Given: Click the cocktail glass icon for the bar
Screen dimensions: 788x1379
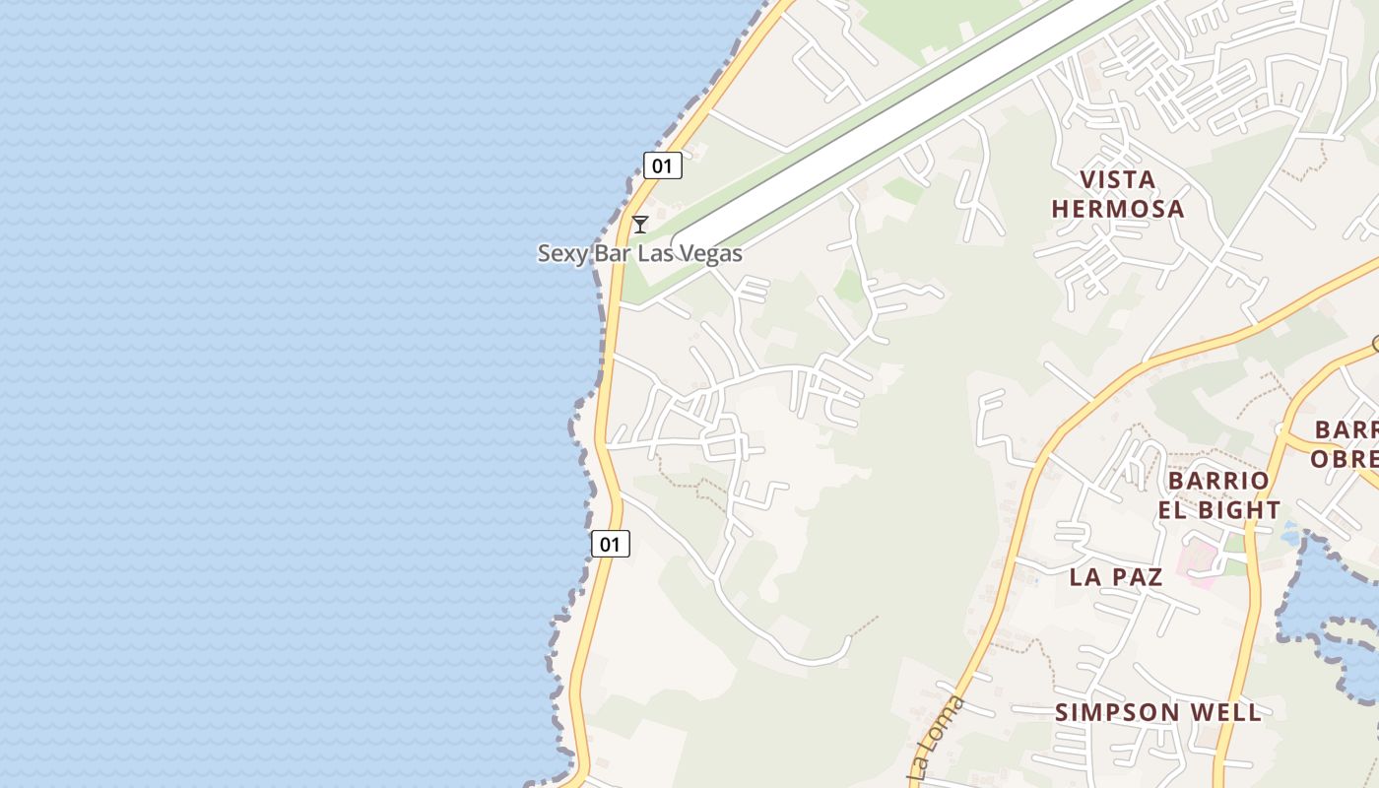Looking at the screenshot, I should click(640, 225).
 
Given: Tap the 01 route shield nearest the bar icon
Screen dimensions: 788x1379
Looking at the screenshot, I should click(663, 165).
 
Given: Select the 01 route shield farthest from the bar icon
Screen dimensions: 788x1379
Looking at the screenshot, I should click(611, 543).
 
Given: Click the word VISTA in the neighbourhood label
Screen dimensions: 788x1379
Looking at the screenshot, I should click(1117, 180).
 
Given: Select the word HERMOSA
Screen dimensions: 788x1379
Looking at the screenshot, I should click(1117, 209).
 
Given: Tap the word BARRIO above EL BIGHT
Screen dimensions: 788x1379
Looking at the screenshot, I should click(1218, 481).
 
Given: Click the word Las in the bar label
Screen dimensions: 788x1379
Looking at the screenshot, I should click(655, 254).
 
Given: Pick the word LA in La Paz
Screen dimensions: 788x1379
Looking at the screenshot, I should click(1085, 577).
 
